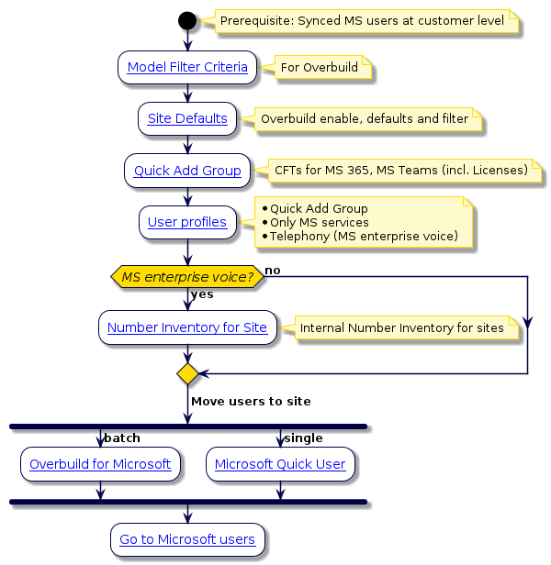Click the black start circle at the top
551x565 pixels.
pos(187,20)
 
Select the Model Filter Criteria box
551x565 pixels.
pos(187,67)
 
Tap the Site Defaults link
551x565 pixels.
pos(187,118)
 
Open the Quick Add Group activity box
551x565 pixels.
pos(187,171)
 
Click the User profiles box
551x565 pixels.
pos(187,222)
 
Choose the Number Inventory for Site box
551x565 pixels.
pos(187,327)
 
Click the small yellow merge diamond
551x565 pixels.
pos(187,373)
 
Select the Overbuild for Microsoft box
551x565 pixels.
pos(100,464)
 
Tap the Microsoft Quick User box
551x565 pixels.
pos(280,464)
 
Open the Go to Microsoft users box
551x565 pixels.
pos(187,539)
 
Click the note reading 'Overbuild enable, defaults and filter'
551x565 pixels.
pos(363,119)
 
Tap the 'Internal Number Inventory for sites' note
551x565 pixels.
pos(401,327)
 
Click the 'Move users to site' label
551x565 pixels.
pos(251,402)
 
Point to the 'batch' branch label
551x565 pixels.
pos(122,438)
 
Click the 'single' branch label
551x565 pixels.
pos(303,438)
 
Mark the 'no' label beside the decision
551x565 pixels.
pos(273,270)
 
